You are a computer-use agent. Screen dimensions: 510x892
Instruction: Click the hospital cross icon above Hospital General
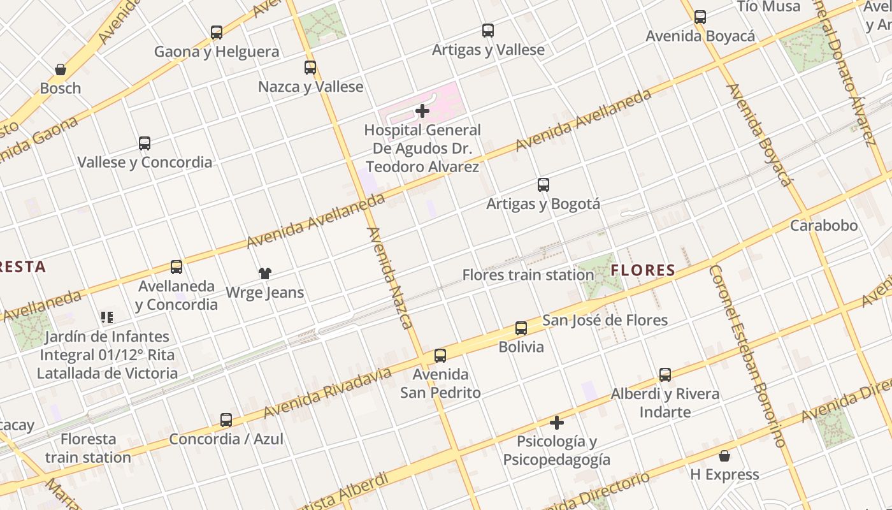(x=422, y=112)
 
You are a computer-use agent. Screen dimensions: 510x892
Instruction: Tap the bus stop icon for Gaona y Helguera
(x=217, y=33)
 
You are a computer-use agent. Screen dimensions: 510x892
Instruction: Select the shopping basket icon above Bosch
(x=61, y=69)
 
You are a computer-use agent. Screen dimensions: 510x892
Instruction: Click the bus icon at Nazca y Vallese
(x=310, y=68)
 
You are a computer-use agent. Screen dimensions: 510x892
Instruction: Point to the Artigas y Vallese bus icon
(x=488, y=31)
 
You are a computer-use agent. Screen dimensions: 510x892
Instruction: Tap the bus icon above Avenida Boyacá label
(x=700, y=17)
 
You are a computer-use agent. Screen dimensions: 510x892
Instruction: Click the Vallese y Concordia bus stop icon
(x=145, y=143)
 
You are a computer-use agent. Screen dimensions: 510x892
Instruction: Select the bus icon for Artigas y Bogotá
(x=543, y=185)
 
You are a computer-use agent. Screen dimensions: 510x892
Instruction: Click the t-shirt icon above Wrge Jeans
(x=265, y=273)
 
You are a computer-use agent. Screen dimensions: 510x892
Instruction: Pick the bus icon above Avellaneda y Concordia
(x=176, y=267)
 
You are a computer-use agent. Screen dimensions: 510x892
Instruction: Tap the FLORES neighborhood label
(x=643, y=270)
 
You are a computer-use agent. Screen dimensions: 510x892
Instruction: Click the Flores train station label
(x=528, y=275)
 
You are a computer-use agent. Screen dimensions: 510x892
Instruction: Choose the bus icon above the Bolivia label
(x=521, y=329)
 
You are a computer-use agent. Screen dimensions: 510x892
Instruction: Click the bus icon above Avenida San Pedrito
(x=440, y=356)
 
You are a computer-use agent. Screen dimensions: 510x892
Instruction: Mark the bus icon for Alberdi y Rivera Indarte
(x=665, y=375)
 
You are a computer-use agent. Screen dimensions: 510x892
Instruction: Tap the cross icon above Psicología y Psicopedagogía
(x=557, y=423)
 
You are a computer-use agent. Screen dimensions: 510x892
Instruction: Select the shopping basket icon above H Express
(x=724, y=456)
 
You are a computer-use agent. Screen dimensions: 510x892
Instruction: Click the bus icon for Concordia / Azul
(x=226, y=420)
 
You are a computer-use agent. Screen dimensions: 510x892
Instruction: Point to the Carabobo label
(x=824, y=226)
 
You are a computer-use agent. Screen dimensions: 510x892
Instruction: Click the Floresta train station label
(x=88, y=448)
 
